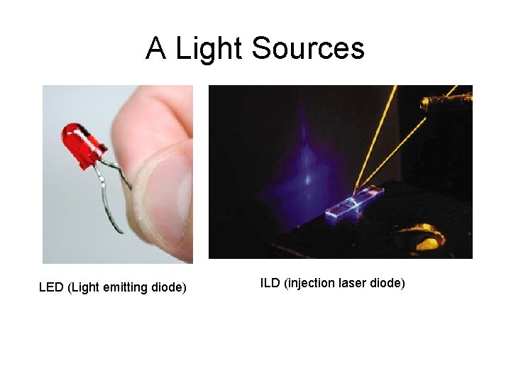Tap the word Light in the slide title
(209, 49)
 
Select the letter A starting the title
(156, 49)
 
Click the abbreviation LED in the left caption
(51, 287)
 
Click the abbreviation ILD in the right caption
(270, 283)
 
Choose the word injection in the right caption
(313, 283)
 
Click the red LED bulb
(79, 142)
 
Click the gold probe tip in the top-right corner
(434, 104)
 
